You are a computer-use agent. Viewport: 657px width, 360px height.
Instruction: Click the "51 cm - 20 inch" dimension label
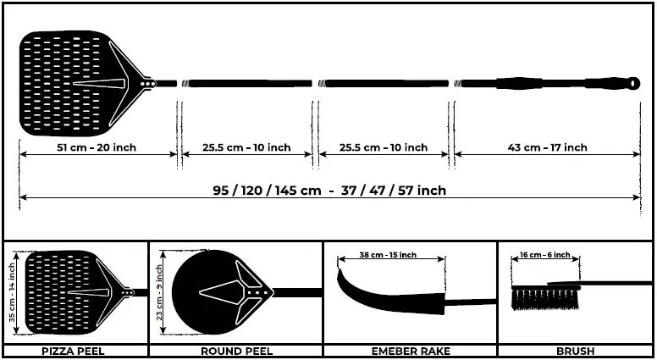(x=97, y=147)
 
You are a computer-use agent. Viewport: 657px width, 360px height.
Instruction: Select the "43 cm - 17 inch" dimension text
(x=547, y=147)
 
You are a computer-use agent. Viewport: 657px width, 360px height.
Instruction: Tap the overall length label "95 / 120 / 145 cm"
(x=268, y=191)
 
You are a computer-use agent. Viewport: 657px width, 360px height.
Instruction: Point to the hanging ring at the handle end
(x=634, y=83)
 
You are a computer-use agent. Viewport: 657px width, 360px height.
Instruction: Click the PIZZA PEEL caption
(x=74, y=352)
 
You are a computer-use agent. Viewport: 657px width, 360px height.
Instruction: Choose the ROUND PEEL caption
(x=237, y=352)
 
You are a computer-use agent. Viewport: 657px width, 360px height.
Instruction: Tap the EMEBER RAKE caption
(x=411, y=352)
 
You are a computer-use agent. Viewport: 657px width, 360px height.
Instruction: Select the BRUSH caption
(x=575, y=352)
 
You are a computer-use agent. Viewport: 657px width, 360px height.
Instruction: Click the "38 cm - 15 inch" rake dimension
(x=388, y=255)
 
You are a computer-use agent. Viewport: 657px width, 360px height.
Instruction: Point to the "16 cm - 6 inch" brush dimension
(x=544, y=255)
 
